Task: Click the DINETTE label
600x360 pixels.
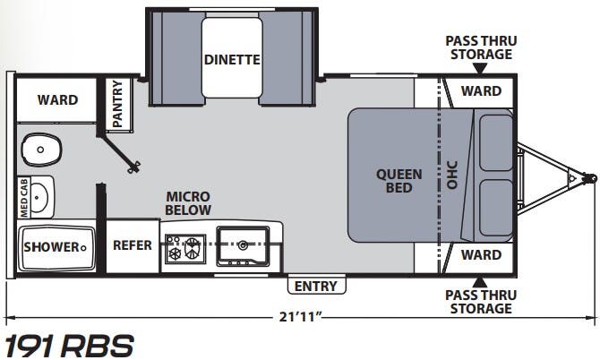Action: click(231, 61)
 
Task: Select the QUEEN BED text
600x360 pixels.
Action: click(393, 181)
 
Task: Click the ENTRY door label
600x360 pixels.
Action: click(316, 287)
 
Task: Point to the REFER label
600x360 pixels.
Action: click(132, 245)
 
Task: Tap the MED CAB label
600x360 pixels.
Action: click(24, 197)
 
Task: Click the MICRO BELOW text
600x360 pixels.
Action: click(187, 203)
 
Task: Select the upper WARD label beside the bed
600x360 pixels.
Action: click(481, 91)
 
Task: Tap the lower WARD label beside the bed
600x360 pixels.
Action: click(481, 255)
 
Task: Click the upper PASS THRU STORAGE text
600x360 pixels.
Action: click(481, 47)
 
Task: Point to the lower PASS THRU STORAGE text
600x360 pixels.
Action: click(481, 302)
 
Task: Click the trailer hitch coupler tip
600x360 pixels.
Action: click(591, 177)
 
